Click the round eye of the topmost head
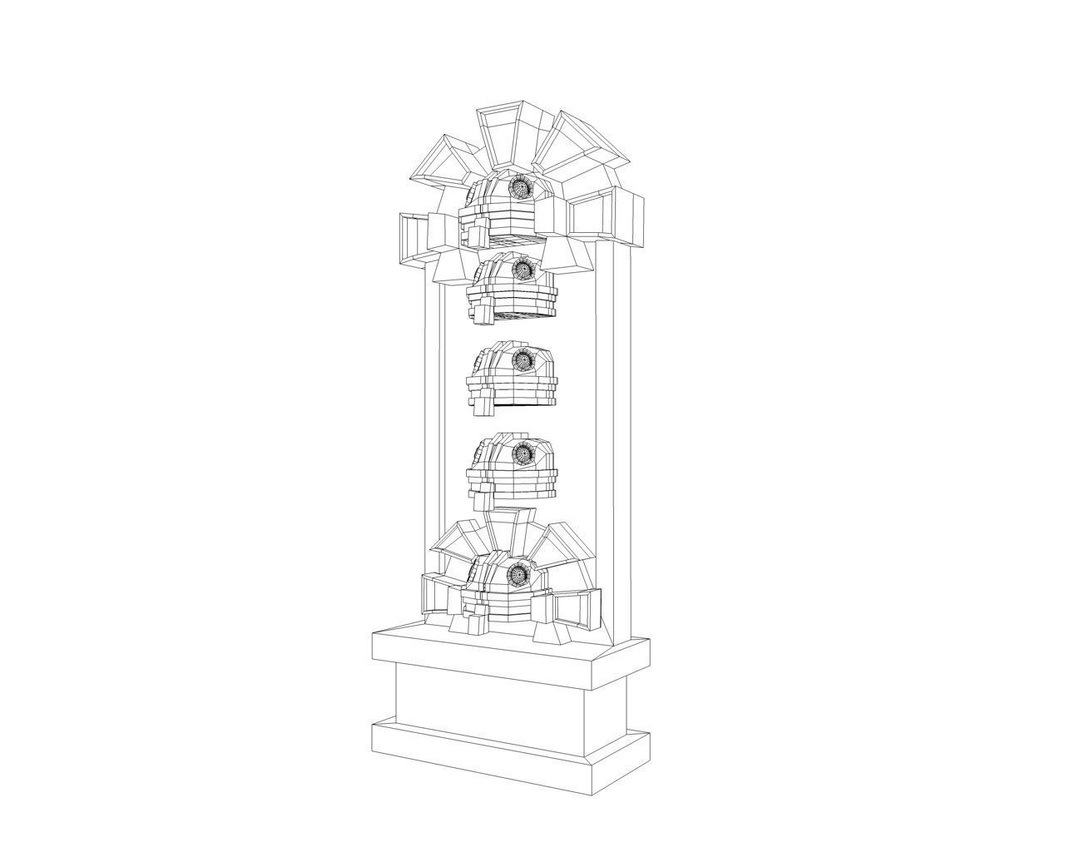[520, 187]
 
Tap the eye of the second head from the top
[523, 269]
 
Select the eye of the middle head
[522, 360]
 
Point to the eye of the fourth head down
[523, 453]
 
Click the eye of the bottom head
[519, 574]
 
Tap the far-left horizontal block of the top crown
[413, 240]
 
